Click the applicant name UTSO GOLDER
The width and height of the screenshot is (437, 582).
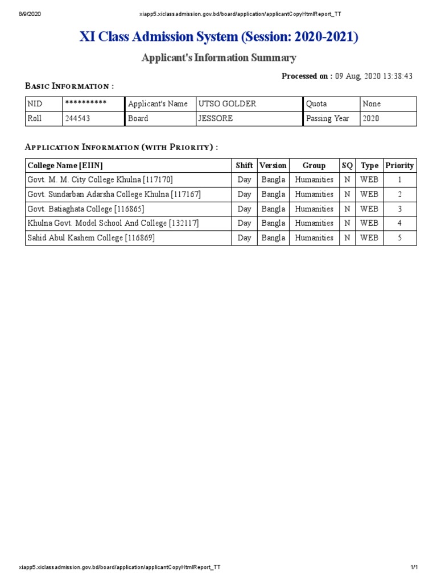[x=226, y=104]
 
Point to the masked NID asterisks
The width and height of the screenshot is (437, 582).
[x=86, y=103]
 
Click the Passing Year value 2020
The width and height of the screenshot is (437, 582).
[x=371, y=119]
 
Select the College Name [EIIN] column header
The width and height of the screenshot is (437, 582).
[x=65, y=165]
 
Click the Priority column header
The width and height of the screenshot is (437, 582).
[x=399, y=165]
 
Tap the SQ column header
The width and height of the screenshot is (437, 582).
[x=347, y=165]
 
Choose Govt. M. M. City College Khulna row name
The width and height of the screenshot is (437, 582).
[x=100, y=180]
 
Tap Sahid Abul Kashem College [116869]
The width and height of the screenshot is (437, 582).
[x=91, y=238]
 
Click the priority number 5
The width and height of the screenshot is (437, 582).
[x=399, y=238]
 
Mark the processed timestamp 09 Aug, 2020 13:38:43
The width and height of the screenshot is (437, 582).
[x=373, y=76]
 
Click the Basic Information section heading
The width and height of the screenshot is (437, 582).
[x=69, y=86]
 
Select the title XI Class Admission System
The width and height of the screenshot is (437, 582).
[x=219, y=38]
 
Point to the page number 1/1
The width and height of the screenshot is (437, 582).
[x=414, y=567]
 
